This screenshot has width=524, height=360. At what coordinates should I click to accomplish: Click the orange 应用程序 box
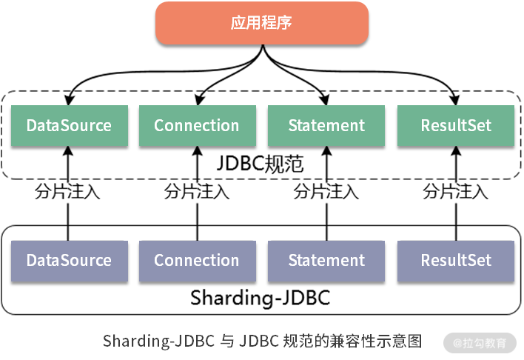(x=261, y=23)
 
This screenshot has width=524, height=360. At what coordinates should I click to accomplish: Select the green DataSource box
(x=69, y=125)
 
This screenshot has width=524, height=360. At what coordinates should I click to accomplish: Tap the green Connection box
(x=197, y=125)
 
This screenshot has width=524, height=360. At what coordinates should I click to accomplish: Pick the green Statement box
(x=326, y=125)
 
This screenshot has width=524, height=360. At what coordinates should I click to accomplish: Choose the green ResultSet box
(x=456, y=125)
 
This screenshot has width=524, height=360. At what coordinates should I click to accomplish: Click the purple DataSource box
(x=69, y=261)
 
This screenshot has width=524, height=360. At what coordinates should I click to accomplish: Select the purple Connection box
(x=197, y=261)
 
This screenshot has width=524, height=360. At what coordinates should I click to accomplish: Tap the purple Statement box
(x=326, y=261)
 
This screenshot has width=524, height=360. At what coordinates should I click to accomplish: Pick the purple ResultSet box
(x=456, y=261)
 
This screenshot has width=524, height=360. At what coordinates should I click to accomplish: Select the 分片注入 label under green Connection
(x=197, y=191)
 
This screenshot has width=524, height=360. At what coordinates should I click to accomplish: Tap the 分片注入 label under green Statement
(x=326, y=191)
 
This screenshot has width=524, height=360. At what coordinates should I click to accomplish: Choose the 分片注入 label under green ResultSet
(x=456, y=191)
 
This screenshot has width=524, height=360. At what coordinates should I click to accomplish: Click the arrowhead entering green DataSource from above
(x=68, y=99)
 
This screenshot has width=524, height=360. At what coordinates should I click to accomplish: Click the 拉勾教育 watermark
(x=483, y=343)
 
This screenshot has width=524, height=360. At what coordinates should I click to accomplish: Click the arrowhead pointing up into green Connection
(x=197, y=150)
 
